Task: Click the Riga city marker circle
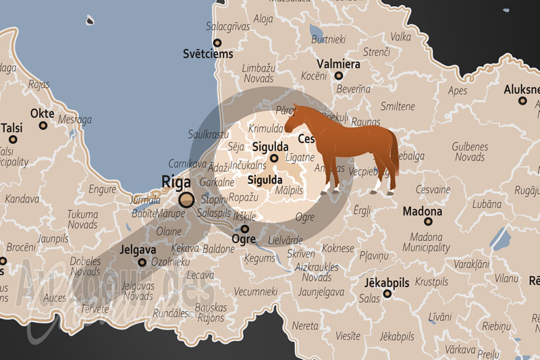186,199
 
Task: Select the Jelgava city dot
142,262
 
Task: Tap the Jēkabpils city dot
387,294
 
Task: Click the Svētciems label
208,53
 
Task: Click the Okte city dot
43,125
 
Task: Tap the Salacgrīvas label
227,26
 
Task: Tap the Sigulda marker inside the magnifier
273,159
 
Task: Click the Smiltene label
398,106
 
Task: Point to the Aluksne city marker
522,101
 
